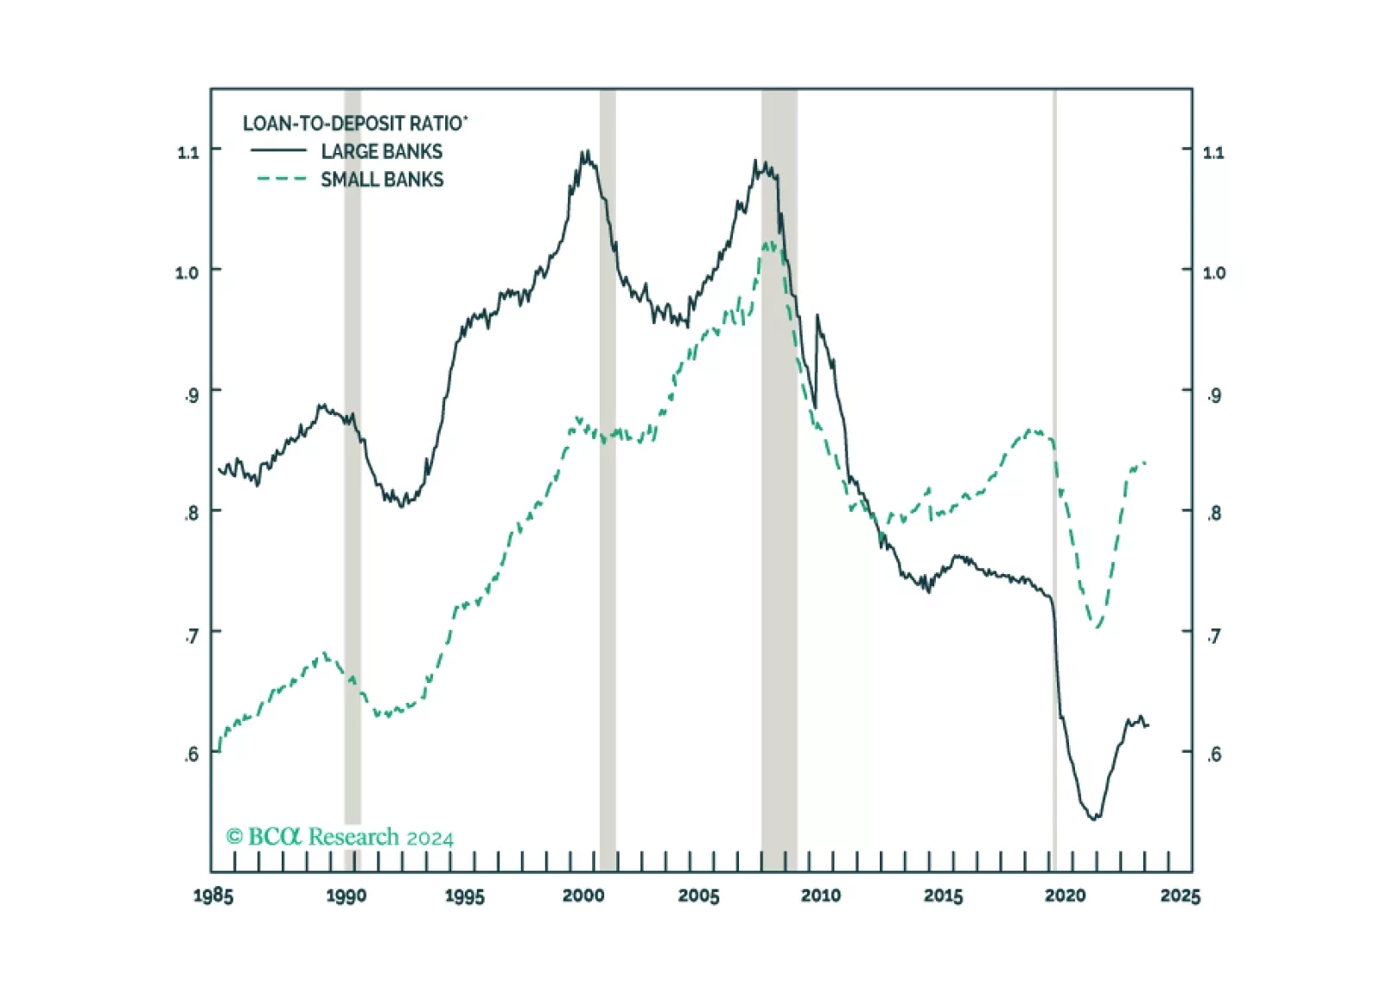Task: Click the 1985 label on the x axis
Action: click(x=213, y=896)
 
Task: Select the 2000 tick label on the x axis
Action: click(x=583, y=896)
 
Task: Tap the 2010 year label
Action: click(x=820, y=896)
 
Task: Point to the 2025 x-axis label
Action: click(x=1181, y=896)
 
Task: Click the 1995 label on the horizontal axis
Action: click(x=464, y=896)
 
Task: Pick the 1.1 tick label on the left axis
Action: click(x=188, y=152)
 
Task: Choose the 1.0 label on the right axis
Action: click(x=1214, y=272)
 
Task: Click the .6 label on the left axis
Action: click(x=191, y=754)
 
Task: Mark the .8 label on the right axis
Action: click(x=1214, y=513)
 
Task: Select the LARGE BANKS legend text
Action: click(x=381, y=151)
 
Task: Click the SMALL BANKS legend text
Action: click(x=382, y=180)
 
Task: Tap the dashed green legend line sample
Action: click(x=282, y=179)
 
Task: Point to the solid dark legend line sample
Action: click(x=278, y=150)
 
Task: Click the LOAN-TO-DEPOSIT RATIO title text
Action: click(x=354, y=123)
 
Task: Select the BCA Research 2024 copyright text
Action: click(x=340, y=837)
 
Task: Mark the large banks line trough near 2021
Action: click(x=1095, y=817)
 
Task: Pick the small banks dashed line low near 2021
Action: click(x=1097, y=626)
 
